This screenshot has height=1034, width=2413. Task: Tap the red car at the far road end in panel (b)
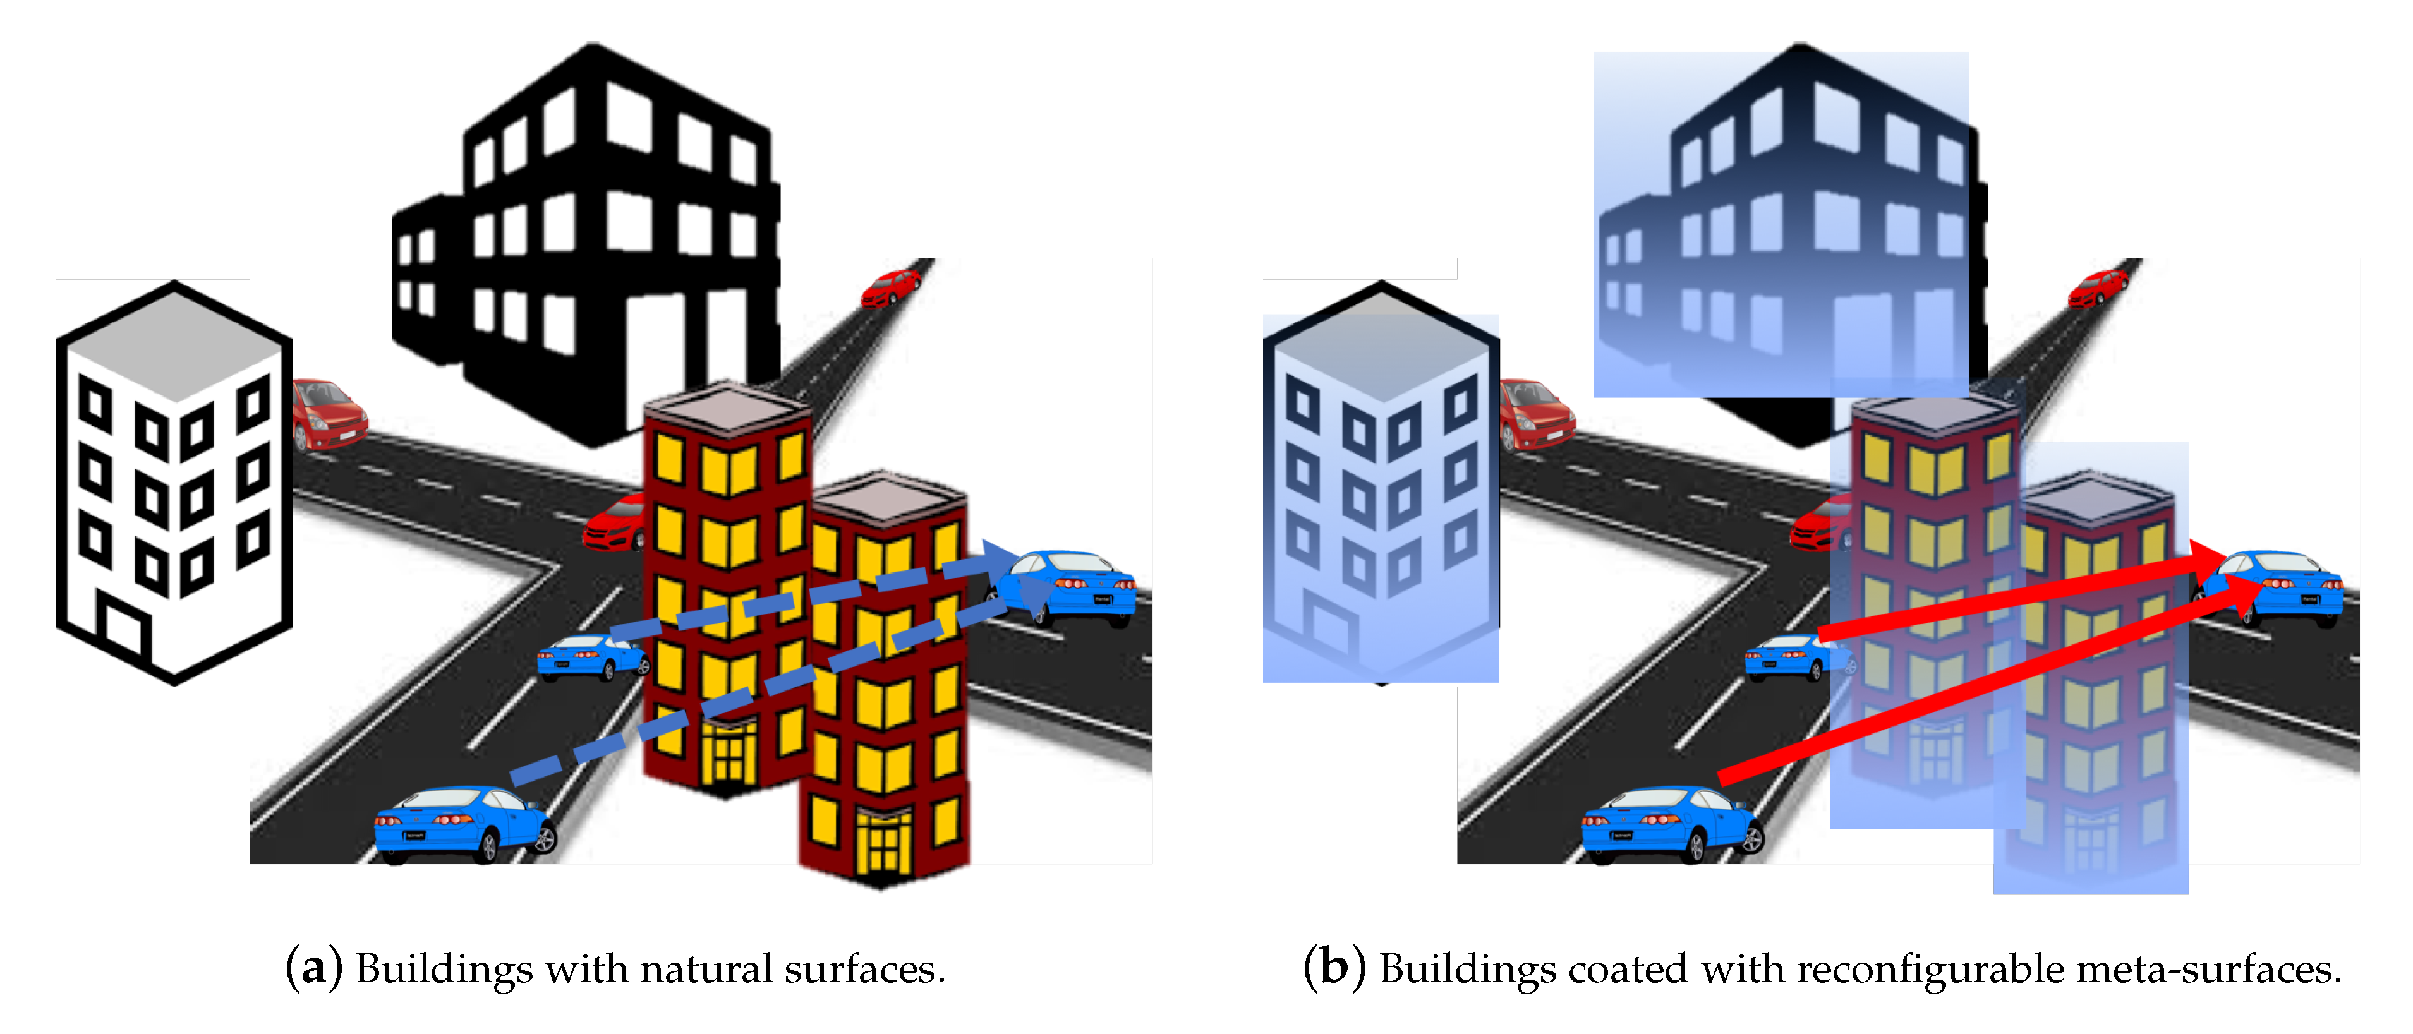click(2098, 287)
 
